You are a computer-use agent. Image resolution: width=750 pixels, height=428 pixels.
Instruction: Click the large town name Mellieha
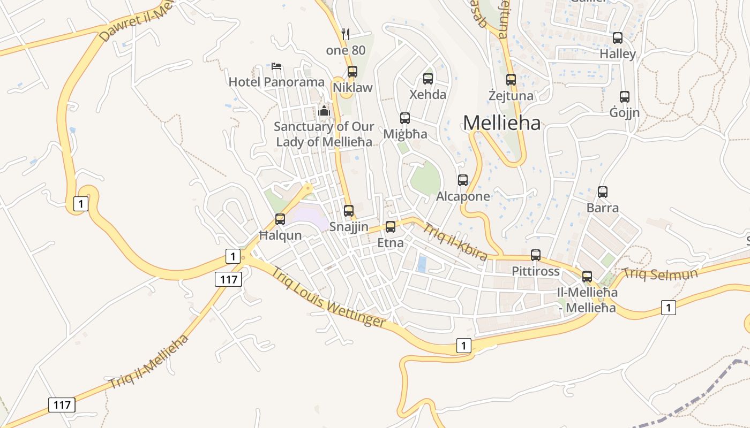pyautogui.click(x=501, y=123)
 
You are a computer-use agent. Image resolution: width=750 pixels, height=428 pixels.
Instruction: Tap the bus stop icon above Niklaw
pyautogui.click(x=352, y=71)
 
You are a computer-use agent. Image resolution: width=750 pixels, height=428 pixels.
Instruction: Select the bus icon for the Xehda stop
pyautogui.click(x=427, y=79)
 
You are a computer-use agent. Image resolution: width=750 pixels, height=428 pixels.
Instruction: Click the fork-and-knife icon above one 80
pyautogui.click(x=346, y=34)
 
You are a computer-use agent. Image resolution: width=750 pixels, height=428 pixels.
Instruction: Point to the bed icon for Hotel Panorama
pyautogui.click(x=276, y=66)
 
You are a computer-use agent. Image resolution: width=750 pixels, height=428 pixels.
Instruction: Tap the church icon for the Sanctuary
pyautogui.click(x=324, y=111)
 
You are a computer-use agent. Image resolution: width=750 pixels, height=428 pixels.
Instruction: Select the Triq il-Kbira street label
pyautogui.click(x=455, y=242)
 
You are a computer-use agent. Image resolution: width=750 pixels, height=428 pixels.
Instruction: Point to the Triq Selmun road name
pyautogui.click(x=660, y=274)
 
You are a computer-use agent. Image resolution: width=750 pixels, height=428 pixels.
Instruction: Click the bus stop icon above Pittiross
pyautogui.click(x=535, y=255)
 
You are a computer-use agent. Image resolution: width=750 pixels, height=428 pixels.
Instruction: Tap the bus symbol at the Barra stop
pyautogui.click(x=603, y=192)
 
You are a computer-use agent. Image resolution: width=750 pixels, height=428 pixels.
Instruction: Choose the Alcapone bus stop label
pyautogui.click(x=463, y=196)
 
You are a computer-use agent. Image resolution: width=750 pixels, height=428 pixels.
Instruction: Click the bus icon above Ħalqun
pyautogui.click(x=280, y=219)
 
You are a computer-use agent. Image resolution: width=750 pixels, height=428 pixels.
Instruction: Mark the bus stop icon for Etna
pyautogui.click(x=391, y=227)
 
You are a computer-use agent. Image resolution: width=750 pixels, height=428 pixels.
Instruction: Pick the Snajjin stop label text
pyautogui.click(x=349, y=227)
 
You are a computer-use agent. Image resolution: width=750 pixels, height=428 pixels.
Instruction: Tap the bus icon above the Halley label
pyautogui.click(x=618, y=38)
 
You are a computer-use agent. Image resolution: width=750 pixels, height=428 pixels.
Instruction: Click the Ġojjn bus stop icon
pyautogui.click(x=624, y=97)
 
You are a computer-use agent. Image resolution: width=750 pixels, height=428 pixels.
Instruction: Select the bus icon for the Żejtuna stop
pyautogui.click(x=511, y=80)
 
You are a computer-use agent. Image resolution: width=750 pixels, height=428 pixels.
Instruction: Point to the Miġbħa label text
pyautogui.click(x=405, y=134)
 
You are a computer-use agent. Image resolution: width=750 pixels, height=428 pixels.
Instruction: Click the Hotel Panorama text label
pyautogui.click(x=276, y=82)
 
